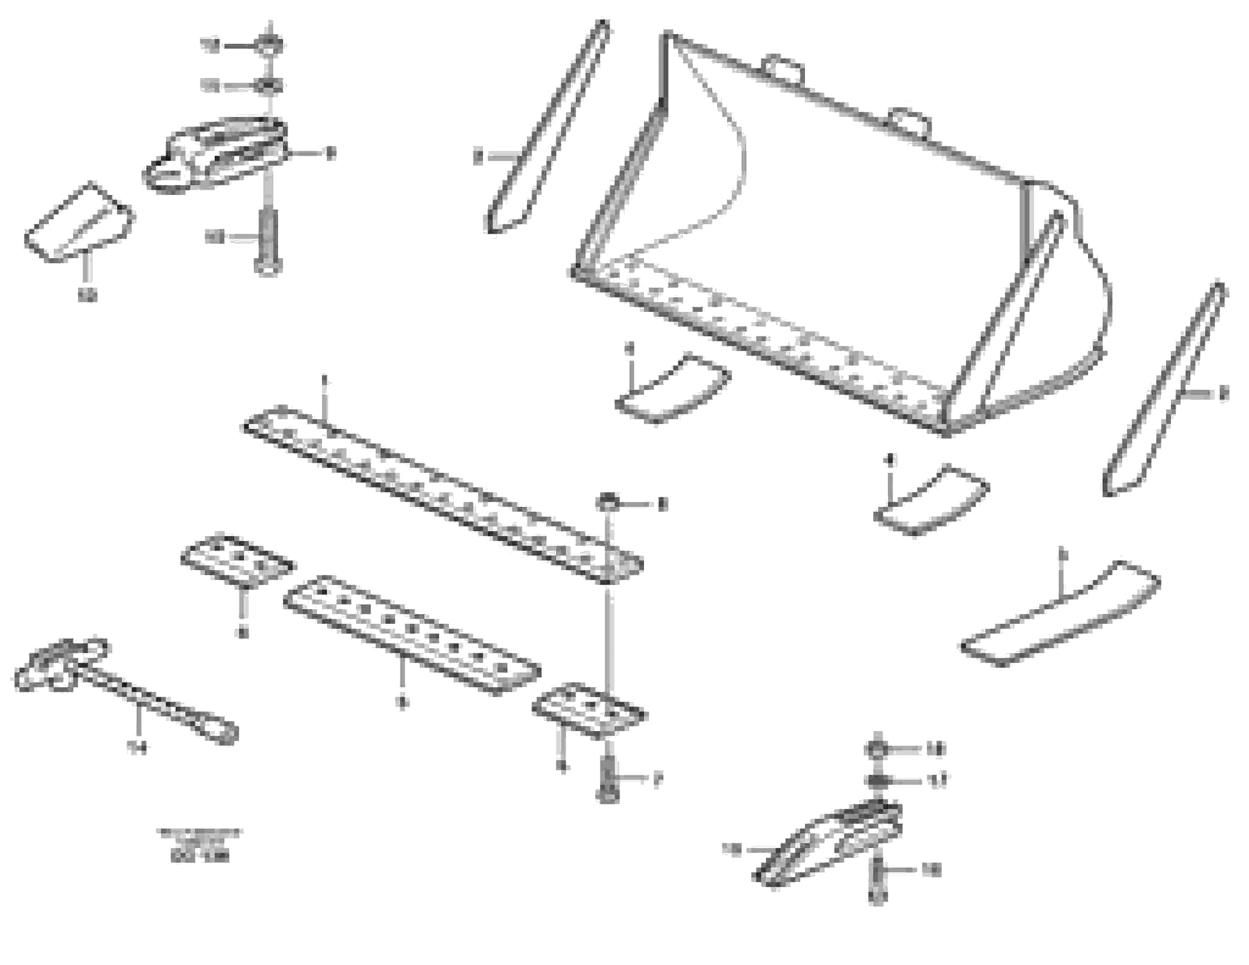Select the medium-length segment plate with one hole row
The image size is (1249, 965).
coord(412,635)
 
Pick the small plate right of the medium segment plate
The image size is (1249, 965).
coord(589,709)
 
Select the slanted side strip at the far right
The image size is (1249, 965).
coord(1164,389)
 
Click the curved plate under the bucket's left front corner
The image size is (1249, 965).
coord(672,389)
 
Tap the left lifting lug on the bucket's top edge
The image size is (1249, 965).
coord(784,67)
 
